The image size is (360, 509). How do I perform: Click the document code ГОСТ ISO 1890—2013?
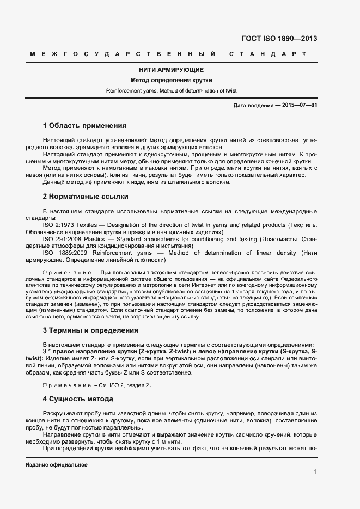(x=278, y=39)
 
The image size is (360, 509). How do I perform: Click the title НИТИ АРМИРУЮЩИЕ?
(x=172, y=70)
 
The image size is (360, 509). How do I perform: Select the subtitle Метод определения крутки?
(x=172, y=81)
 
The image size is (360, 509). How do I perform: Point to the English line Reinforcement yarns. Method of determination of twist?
(x=172, y=90)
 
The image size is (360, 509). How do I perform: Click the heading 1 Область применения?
(x=84, y=125)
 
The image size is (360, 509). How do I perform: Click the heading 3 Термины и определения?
(x=90, y=330)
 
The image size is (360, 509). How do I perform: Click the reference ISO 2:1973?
(x=59, y=225)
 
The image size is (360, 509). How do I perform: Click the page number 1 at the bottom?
(x=315, y=471)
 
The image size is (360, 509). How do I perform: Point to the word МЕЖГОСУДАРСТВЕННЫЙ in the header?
(x=123, y=54)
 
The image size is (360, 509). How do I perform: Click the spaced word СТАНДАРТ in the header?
(x=268, y=54)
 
